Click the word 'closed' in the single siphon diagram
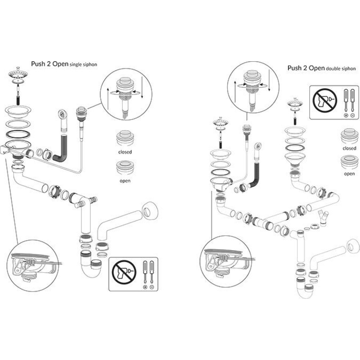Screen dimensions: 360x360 click(x=125, y=152)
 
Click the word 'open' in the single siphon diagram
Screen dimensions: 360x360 click(x=125, y=181)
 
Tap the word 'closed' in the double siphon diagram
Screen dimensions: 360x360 click(x=349, y=148)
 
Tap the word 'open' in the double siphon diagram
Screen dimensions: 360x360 click(x=349, y=174)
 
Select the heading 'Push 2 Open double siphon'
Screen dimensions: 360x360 click(x=321, y=68)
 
